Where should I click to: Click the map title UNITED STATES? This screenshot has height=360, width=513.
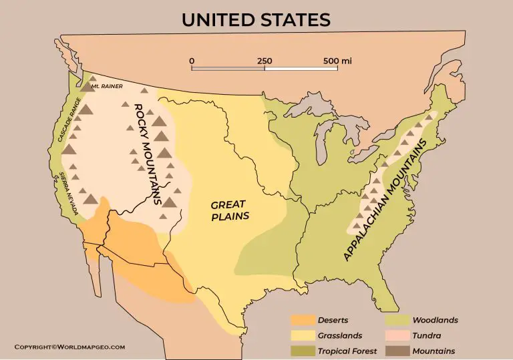[x=256, y=19]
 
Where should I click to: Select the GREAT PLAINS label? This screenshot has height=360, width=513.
[x=229, y=210]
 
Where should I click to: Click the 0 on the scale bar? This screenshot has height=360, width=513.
[x=192, y=61]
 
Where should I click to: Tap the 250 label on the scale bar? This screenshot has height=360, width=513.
[x=265, y=61]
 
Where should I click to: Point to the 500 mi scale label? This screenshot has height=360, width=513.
[x=337, y=61]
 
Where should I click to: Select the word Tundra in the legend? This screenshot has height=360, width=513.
[x=427, y=335]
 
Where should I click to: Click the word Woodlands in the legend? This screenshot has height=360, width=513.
[x=435, y=320]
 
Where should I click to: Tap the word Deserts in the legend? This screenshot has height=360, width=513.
[x=333, y=320]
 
